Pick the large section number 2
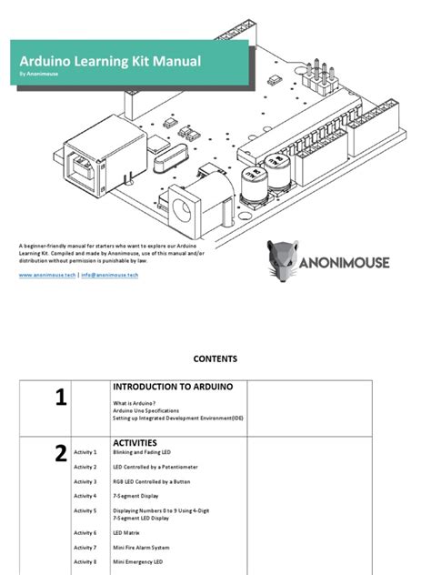[60, 455]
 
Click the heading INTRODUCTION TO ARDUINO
[172, 387]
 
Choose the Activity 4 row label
[85, 496]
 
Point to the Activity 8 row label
[85, 563]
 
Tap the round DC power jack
[187, 209]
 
